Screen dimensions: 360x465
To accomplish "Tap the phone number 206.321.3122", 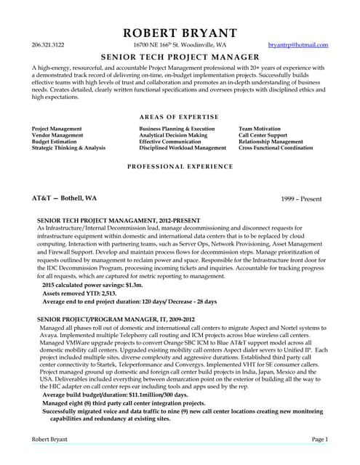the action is click(x=48, y=45).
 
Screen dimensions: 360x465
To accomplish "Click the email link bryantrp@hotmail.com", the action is click(x=298, y=45).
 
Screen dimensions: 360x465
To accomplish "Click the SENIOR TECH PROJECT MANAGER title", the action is click(x=180, y=57).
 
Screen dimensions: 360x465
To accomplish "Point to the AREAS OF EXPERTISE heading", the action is click(x=180, y=117).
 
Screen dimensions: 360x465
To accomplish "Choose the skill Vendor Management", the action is click(x=57, y=135).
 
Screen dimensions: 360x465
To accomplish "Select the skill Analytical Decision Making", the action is click(x=173, y=135).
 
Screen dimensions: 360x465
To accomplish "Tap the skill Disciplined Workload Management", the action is click(x=183, y=148).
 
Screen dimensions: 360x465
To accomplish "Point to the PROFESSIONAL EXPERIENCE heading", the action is click(x=180, y=166).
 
